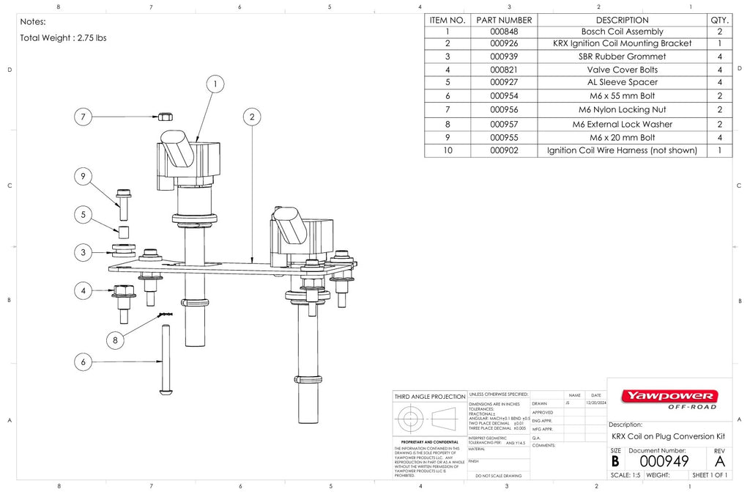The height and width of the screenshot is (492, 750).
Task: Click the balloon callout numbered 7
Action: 84,117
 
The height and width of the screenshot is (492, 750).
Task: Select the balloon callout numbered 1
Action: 215,85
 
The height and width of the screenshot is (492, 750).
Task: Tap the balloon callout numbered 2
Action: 252,117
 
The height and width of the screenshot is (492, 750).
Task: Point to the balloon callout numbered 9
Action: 84,176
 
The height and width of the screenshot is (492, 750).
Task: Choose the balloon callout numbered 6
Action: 84,361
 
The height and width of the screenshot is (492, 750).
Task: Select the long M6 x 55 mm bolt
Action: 166,360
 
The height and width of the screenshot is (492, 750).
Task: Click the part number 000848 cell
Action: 504,32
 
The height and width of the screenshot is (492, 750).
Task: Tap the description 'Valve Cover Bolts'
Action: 622,70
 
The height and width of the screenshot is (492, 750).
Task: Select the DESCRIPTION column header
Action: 622,20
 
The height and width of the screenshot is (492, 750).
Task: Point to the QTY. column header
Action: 719,20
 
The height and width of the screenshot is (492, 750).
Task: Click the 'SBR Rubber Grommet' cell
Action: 622,56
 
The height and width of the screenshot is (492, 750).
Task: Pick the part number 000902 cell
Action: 504,150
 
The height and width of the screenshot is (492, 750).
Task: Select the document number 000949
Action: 664,461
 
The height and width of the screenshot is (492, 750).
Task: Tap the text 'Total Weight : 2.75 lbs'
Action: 63,38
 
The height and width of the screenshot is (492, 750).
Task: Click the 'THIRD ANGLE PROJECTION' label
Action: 429,396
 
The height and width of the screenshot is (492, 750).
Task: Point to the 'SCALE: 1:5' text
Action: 625,475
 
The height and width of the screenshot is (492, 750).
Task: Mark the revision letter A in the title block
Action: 719,461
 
